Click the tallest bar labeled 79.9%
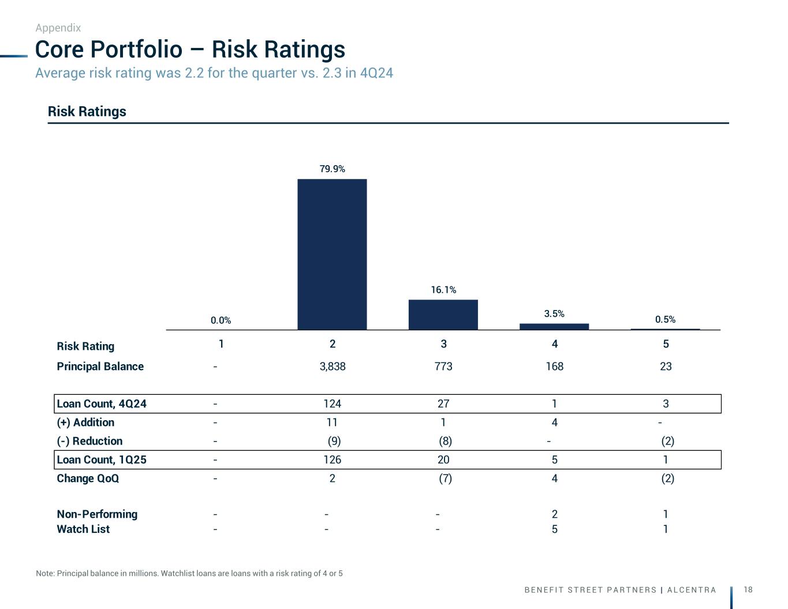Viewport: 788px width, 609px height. (x=332, y=254)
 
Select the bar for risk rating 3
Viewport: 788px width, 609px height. (x=443, y=315)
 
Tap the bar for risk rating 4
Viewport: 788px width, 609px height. (x=554, y=327)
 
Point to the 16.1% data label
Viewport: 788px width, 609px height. (x=443, y=290)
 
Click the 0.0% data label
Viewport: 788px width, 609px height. (x=221, y=320)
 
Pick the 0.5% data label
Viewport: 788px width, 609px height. (x=665, y=319)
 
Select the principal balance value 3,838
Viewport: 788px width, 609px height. (x=333, y=367)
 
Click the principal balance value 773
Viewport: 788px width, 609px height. (x=443, y=367)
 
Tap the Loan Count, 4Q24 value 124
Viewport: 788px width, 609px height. (x=332, y=403)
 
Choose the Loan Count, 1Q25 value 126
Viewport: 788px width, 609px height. (x=332, y=459)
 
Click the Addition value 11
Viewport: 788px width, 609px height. (x=332, y=423)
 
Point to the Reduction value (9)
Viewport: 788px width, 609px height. (x=334, y=441)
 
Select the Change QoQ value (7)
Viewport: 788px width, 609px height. (x=445, y=479)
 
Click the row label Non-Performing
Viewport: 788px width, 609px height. (x=97, y=514)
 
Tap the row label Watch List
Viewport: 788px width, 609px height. (x=83, y=529)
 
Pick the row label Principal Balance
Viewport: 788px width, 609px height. (x=100, y=367)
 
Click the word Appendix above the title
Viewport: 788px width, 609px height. (x=58, y=28)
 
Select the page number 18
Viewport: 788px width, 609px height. (x=748, y=589)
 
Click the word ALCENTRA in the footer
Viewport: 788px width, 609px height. (x=692, y=590)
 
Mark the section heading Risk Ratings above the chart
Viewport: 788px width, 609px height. (x=87, y=111)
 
